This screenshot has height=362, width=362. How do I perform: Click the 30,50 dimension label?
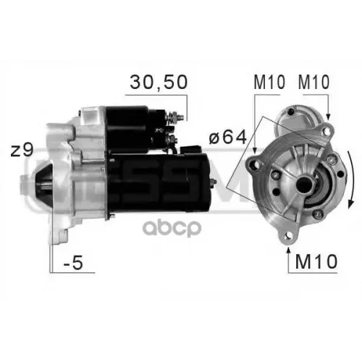(159, 82)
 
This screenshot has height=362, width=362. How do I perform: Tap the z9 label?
(22, 151)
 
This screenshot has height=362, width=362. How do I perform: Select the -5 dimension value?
(73, 263)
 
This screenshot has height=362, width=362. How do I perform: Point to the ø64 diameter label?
(228, 138)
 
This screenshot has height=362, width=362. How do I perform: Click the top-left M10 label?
(269, 82)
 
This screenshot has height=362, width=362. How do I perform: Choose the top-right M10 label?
(313, 82)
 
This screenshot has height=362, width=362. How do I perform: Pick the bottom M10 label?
(316, 261)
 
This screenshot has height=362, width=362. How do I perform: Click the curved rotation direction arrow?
(352, 180)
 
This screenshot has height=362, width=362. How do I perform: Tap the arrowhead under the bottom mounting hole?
(288, 251)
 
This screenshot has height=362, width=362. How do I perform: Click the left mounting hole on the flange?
(254, 165)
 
